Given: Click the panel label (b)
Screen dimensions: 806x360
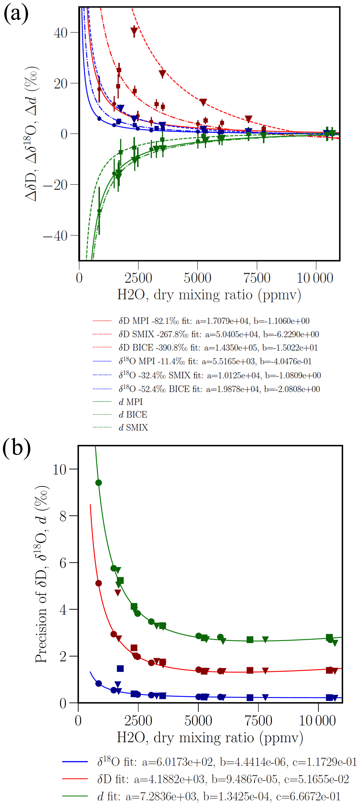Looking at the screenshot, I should coord(16,448).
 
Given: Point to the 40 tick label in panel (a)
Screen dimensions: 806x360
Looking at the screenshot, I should coord(60,33).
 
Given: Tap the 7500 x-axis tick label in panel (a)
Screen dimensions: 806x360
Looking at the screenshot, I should coord(257,278).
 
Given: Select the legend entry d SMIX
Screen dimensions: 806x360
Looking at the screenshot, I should coord(133,427).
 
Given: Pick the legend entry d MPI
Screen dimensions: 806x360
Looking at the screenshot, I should coord(131,402).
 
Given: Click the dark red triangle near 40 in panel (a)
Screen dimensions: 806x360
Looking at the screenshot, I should coord(134,31).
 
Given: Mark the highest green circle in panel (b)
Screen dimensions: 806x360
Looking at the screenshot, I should coord(99,483).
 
